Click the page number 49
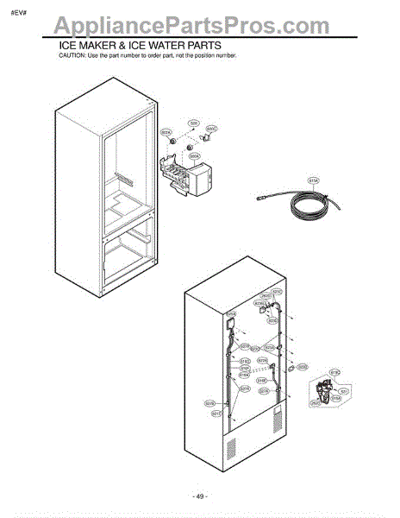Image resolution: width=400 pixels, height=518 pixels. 201,496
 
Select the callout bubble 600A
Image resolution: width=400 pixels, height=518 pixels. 195,156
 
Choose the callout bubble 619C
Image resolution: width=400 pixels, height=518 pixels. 334,372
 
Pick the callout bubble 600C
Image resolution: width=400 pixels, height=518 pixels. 212,129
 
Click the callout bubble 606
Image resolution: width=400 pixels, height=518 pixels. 195,123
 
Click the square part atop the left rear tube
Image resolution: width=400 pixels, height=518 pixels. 230,325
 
